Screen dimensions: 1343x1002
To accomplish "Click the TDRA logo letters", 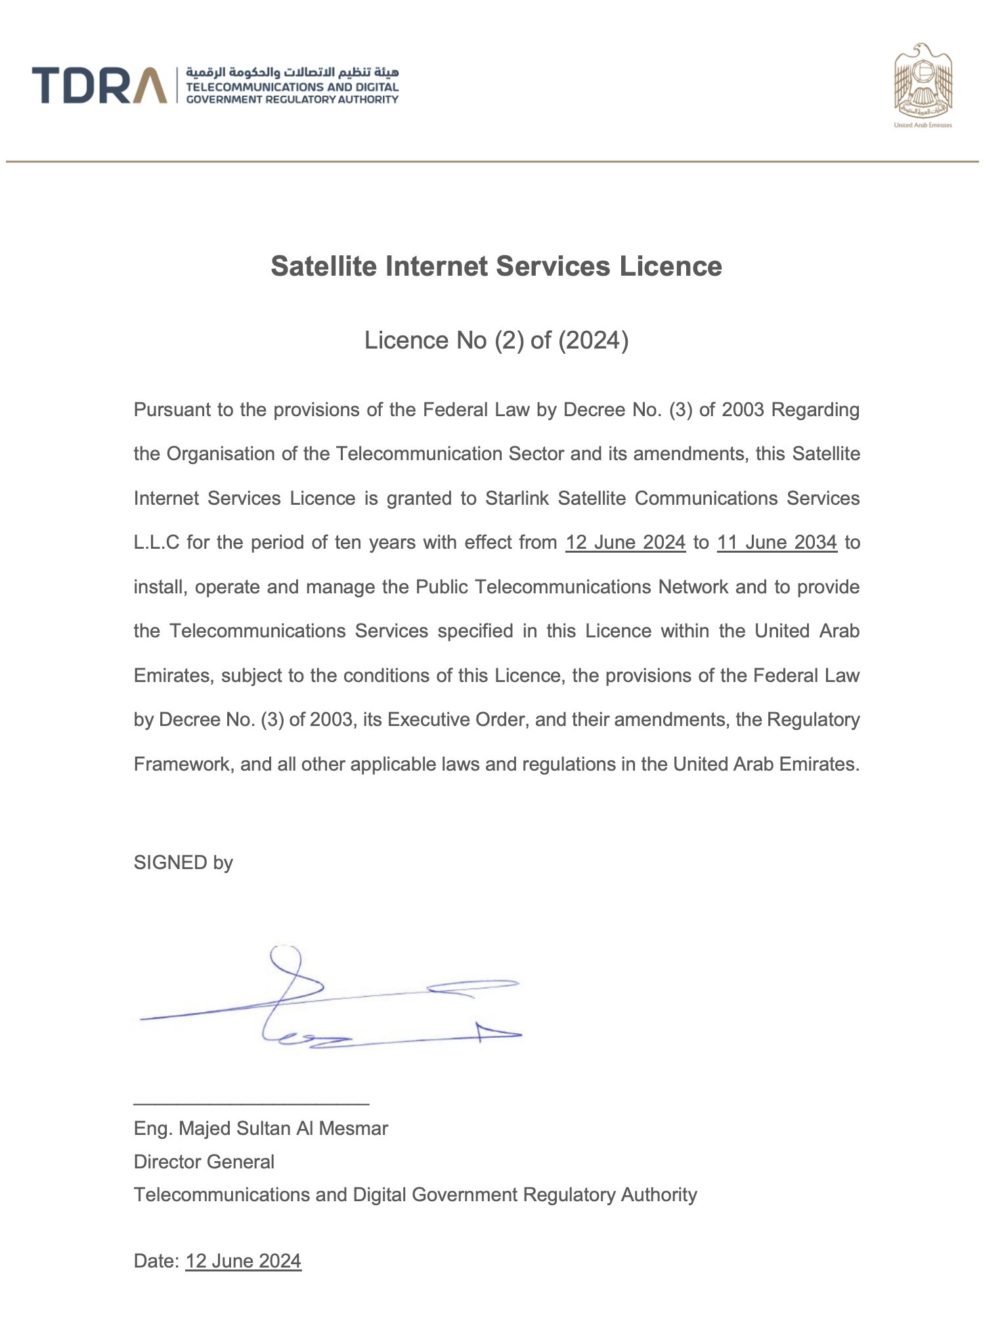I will tap(98, 85).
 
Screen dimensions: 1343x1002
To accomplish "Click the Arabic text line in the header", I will tap(292, 72).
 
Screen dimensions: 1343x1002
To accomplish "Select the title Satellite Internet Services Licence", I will tap(496, 266).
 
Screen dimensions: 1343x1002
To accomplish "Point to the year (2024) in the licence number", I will tap(593, 340).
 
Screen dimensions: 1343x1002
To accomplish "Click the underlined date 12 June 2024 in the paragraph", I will tap(625, 542).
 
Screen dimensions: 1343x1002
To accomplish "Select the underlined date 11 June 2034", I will tap(777, 542).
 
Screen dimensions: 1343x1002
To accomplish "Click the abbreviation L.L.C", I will tap(156, 542).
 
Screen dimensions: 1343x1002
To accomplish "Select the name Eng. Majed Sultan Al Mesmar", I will tap(261, 1128).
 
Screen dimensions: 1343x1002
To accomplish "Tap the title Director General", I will tap(204, 1162).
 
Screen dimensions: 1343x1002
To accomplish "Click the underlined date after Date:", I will tap(243, 1261).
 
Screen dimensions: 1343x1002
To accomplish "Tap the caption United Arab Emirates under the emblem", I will tap(923, 125).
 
